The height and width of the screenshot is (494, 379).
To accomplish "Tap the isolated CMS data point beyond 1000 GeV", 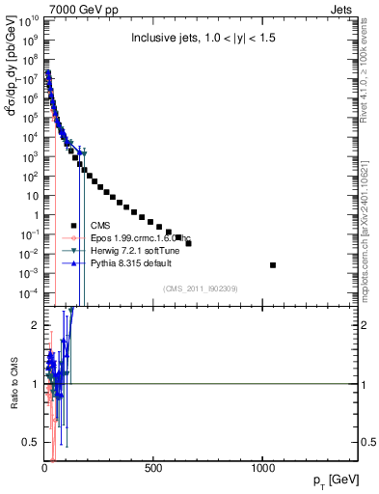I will coord(273,264).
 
